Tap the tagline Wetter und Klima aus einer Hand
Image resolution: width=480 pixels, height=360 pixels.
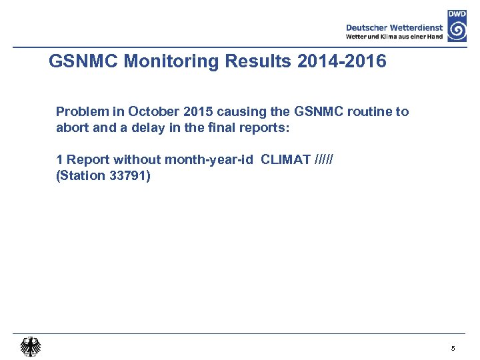(x=395, y=37)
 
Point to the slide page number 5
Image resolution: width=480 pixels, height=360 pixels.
(x=453, y=349)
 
